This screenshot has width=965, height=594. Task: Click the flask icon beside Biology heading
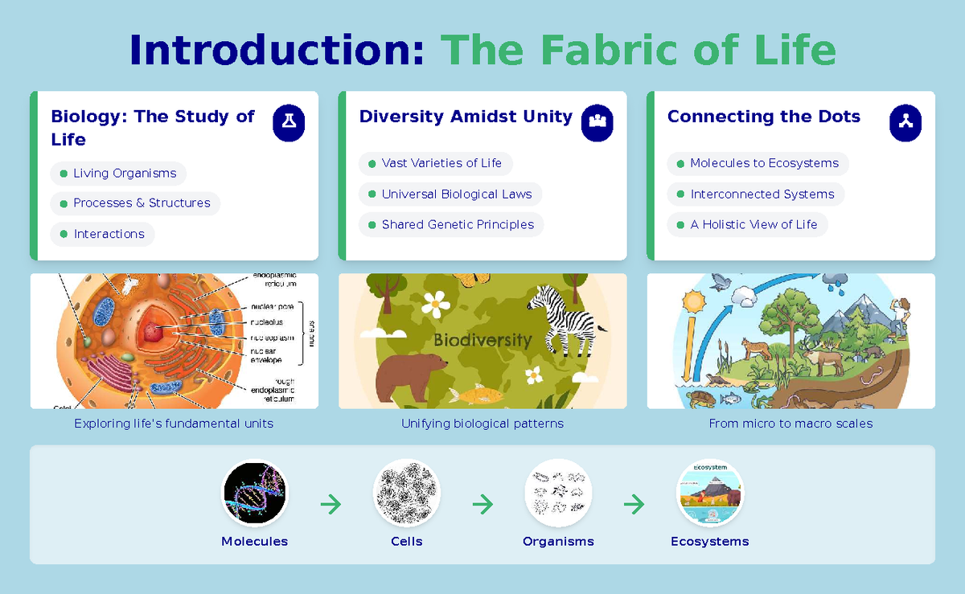(x=289, y=122)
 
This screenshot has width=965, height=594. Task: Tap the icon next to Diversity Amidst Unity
(x=597, y=122)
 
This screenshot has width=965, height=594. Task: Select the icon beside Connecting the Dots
(x=905, y=122)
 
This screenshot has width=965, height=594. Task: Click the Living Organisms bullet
(x=118, y=174)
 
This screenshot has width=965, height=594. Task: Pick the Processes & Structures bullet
(x=135, y=203)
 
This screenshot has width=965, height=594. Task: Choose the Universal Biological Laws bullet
(x=450, y=195)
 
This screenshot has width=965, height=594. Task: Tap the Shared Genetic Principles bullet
(x=451, y=225)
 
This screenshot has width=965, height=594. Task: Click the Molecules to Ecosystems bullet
(x=758, y=164)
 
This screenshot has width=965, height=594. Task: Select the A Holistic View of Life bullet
(x=747, y=225)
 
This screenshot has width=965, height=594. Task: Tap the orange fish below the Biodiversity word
(x=470, y=393)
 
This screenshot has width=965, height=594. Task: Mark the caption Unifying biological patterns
(x=482, y=424)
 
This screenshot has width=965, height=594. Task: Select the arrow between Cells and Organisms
(x=482, y=505)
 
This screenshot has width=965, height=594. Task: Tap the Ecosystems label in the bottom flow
(x=709, y=542)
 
